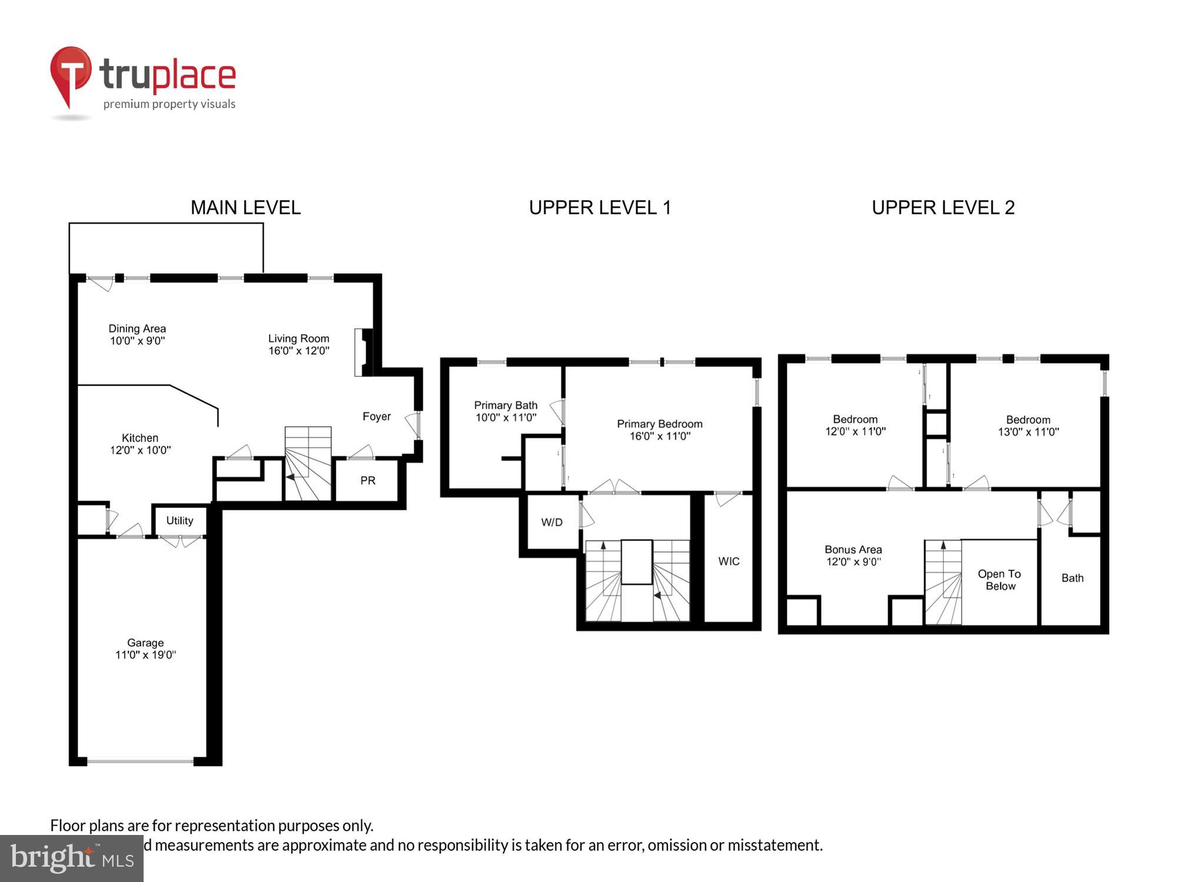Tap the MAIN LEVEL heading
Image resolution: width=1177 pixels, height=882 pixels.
245,208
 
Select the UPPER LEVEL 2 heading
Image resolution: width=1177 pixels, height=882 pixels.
943,208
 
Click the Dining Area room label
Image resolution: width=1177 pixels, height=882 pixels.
137,329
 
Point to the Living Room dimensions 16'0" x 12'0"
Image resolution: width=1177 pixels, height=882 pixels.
298,351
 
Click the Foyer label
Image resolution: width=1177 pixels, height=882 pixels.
377,416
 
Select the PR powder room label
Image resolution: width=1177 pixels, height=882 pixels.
368,480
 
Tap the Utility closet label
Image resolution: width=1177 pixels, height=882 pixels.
179,520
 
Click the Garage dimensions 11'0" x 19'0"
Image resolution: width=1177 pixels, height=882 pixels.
145,655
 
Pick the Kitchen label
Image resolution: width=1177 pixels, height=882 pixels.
140,438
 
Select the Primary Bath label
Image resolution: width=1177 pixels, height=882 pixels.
506,405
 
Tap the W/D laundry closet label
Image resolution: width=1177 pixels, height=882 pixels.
551,522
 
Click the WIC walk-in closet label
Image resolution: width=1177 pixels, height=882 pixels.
729,561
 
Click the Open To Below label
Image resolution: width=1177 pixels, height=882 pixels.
999,580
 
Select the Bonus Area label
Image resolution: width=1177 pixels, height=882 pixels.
853,550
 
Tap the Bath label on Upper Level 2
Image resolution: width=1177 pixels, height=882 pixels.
1072,578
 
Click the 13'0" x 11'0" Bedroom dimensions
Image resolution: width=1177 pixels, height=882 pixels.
1028,432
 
